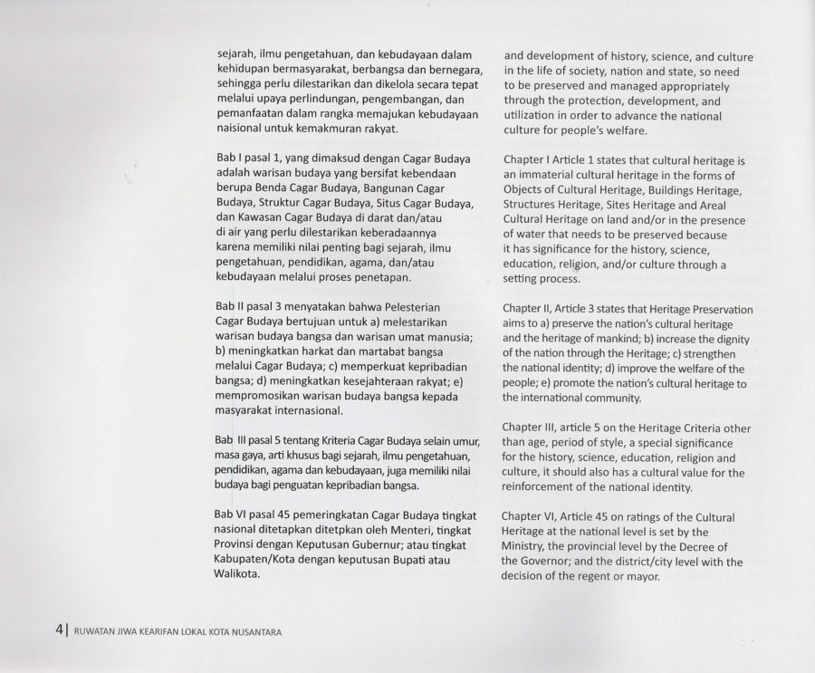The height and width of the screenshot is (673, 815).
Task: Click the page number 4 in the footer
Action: (57, 631)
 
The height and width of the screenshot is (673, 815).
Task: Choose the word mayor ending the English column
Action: (645, 577)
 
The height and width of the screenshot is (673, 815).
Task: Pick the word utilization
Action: (532, 117)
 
